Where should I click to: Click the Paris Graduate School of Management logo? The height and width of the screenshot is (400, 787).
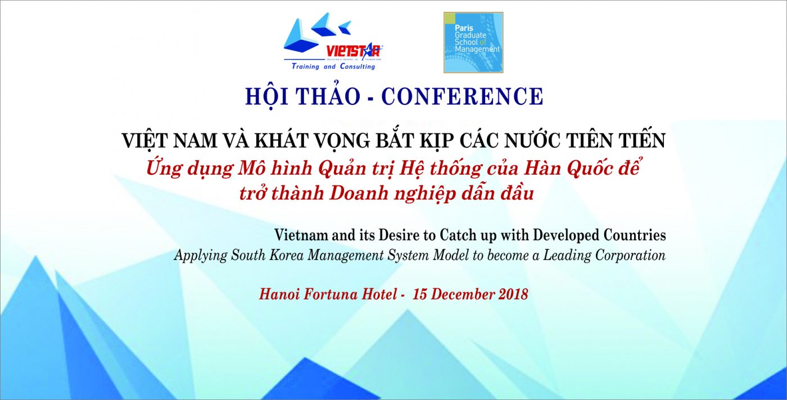[473, 43]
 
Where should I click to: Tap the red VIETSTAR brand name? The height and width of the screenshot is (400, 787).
[353, 52]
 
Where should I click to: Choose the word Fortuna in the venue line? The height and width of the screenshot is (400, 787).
[331, 294]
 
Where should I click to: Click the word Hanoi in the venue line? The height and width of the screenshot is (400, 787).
[279, 294]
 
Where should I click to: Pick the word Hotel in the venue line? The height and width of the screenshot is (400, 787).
[379, 294]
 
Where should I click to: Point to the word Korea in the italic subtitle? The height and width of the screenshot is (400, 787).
[286, 255]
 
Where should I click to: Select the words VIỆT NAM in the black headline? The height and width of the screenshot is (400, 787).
[169, 140]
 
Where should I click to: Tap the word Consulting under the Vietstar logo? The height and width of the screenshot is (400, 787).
[358, 67]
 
